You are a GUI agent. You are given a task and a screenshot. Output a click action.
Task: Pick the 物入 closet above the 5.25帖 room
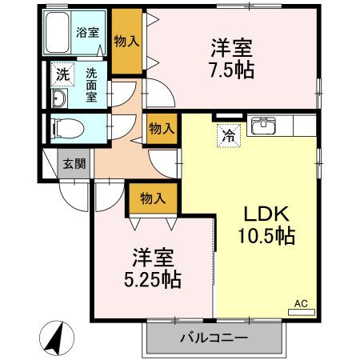pos(152,197)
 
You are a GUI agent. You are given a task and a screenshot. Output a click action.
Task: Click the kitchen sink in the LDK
pos(265,126)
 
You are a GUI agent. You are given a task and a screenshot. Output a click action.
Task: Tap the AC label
pos(301,303)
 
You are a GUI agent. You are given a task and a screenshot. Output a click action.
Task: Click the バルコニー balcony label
pos(213,338)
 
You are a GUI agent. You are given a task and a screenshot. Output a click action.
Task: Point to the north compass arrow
pos(55,337)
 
